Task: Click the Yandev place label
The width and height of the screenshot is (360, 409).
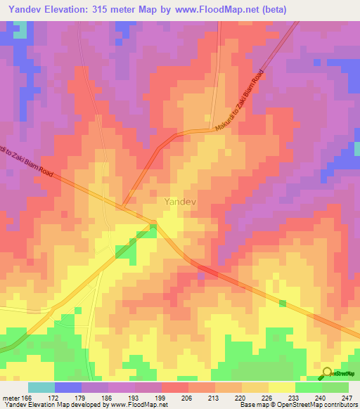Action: pyautogui.click(x=179, y=202)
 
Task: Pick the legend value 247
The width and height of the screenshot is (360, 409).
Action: pyautogui.click(x=347, y=398)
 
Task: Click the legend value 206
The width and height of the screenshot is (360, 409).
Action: pyautogui.click(x=186, y=398)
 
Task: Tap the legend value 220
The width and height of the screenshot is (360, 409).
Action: pyautogui.click(x=240, y=398)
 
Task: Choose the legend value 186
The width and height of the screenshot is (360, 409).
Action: pyautogui.click(x=106, y=398)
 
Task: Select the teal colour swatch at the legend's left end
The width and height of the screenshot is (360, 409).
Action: pyautogui.click(x=41, y=387)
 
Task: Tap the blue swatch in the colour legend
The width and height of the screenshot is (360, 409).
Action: pyautogui.click(x=68, y=387)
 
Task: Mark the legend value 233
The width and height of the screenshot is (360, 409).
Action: pyautogui.click(x=292, y=398)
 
